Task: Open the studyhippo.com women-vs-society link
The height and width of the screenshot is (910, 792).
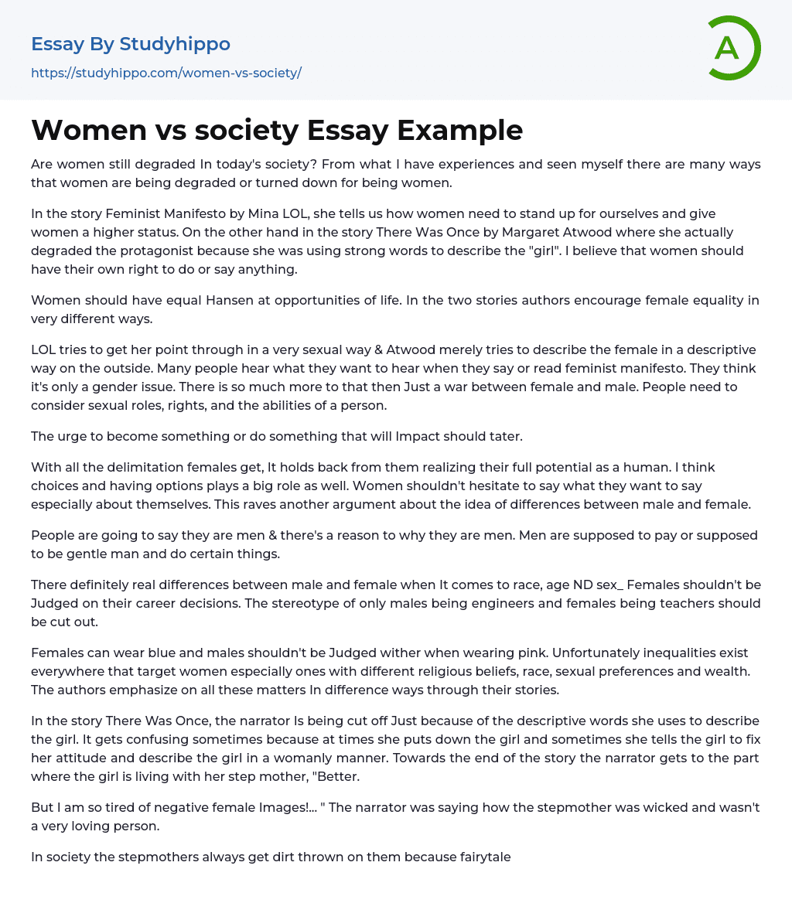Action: pos(166,73)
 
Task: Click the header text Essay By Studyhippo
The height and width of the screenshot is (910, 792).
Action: pos(131,44)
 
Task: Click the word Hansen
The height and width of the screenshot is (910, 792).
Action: pos(230,300)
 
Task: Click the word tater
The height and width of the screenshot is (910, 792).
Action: pos(505,436)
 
